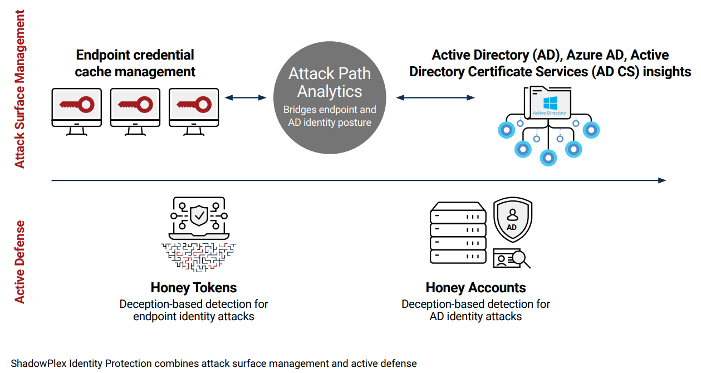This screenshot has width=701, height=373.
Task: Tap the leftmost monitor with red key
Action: click(x=76, y=105)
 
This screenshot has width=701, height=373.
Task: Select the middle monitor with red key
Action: click(x=135, y=105)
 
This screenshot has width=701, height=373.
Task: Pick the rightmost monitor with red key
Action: click(x=193, y=105)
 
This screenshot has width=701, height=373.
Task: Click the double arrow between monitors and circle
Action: click(x=246, y=97)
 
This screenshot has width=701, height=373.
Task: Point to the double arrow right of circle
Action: click(x=435, y=97)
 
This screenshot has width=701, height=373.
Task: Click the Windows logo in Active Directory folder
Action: click(x=550, y=102)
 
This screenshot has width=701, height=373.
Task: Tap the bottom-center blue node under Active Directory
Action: click(x=548, y=157)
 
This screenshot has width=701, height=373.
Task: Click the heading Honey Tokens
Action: click(x=194, y=288)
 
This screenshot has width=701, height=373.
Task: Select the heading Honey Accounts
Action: click(x=475, y=288)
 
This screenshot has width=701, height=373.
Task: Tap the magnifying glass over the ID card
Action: click(x=520, y=258)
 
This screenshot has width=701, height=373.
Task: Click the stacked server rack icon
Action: click(x=457, y=233)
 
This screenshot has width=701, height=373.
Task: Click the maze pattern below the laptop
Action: click(x=198, y=257)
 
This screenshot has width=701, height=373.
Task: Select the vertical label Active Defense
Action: click(x=20, y=262)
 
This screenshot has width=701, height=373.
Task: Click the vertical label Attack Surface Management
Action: click(x=20, y=89)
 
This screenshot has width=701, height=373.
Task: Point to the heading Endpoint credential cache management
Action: click(x=135, y=63)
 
